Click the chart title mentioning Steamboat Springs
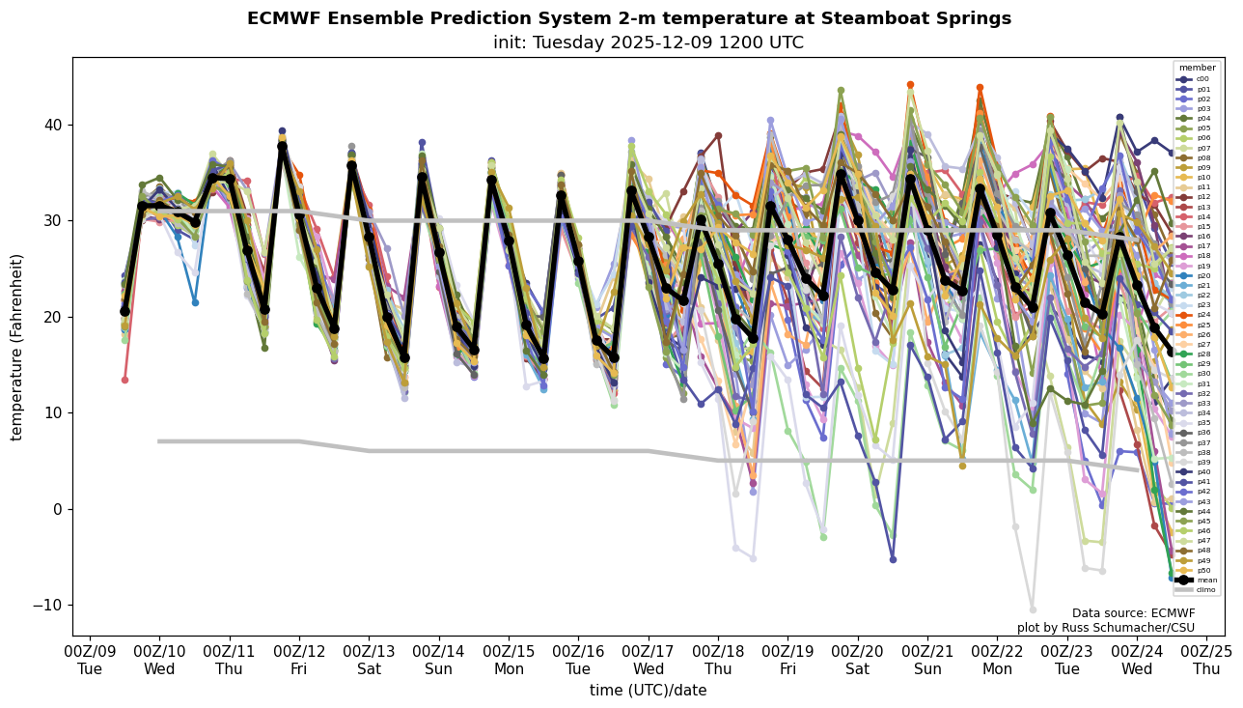[629, 19]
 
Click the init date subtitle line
[649, 43]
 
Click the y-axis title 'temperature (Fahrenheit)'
[17, 347]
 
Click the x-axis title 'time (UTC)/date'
[649, 691]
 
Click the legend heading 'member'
[1197, 69]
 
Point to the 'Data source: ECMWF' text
[1133, 613]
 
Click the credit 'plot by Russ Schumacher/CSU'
[1106, 629]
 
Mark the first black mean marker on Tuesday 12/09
[124, 311]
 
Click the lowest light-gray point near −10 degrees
[1032, 609]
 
